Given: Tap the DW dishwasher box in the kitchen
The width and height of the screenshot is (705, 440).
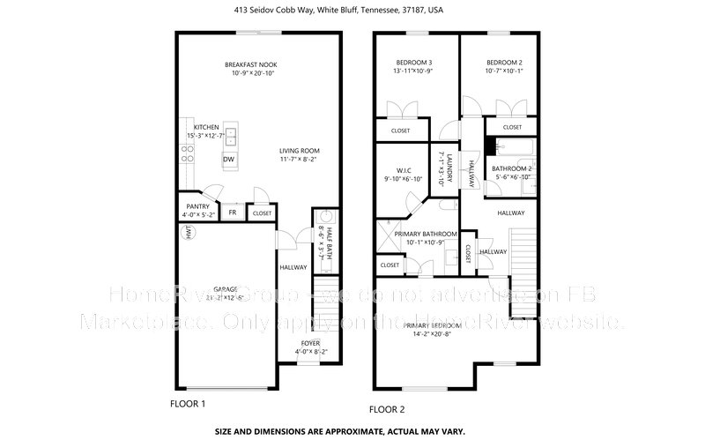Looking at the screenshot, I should tap(228, 160).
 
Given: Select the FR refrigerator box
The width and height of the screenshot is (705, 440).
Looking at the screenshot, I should tap(233, 213).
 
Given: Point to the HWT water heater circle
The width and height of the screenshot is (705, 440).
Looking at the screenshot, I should tap(187, 232).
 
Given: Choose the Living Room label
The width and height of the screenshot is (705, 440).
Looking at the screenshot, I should tap(299, 151).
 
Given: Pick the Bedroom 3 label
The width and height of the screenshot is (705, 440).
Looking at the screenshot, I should tap(413, 63).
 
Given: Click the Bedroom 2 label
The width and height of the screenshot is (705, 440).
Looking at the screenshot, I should tap(504, 63).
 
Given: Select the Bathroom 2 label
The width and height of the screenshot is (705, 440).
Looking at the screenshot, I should tap(512, 168).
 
